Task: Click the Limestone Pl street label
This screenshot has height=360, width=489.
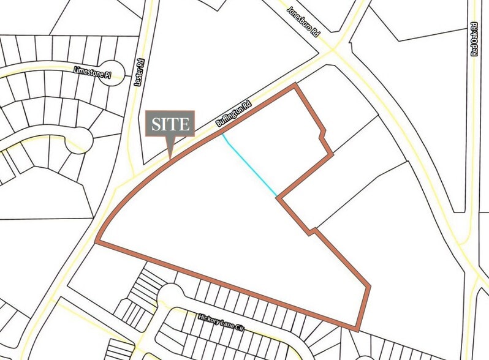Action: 92,71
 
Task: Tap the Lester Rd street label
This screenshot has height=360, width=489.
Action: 140,72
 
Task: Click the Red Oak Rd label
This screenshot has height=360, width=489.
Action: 474,39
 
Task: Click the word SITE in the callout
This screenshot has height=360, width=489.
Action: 170,124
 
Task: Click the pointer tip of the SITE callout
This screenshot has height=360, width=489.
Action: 170,159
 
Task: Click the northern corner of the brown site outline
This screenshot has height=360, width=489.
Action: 297,84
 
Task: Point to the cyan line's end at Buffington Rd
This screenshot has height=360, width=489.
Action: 223,134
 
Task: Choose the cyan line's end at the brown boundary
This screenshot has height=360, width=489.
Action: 278,197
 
